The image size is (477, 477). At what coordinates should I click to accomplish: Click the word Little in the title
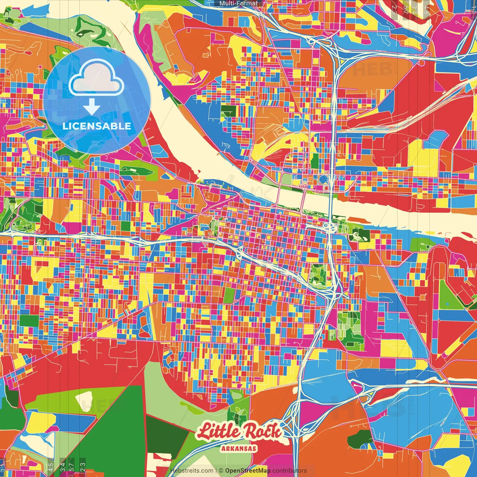[219, 432]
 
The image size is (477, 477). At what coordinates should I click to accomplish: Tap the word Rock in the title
[262, 432]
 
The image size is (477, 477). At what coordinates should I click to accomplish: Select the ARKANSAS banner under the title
[238, 448]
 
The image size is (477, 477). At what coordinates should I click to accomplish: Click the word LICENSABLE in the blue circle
[97, 126]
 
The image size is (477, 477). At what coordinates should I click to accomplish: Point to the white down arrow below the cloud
[92, 107]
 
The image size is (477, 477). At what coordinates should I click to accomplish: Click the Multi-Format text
[238, 3]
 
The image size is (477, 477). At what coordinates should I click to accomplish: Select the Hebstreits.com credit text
[192, 471]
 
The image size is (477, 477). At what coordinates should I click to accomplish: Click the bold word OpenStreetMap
[248, 471]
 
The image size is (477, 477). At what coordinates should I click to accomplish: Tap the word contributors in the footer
[290, 471]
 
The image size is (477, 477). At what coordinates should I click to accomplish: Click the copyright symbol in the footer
[221, 471]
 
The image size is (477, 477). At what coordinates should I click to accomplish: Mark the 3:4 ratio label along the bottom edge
[63, 466]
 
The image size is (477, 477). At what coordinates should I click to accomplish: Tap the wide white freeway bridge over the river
[330, 201]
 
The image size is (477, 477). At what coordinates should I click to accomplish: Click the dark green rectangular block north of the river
[228, 111]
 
